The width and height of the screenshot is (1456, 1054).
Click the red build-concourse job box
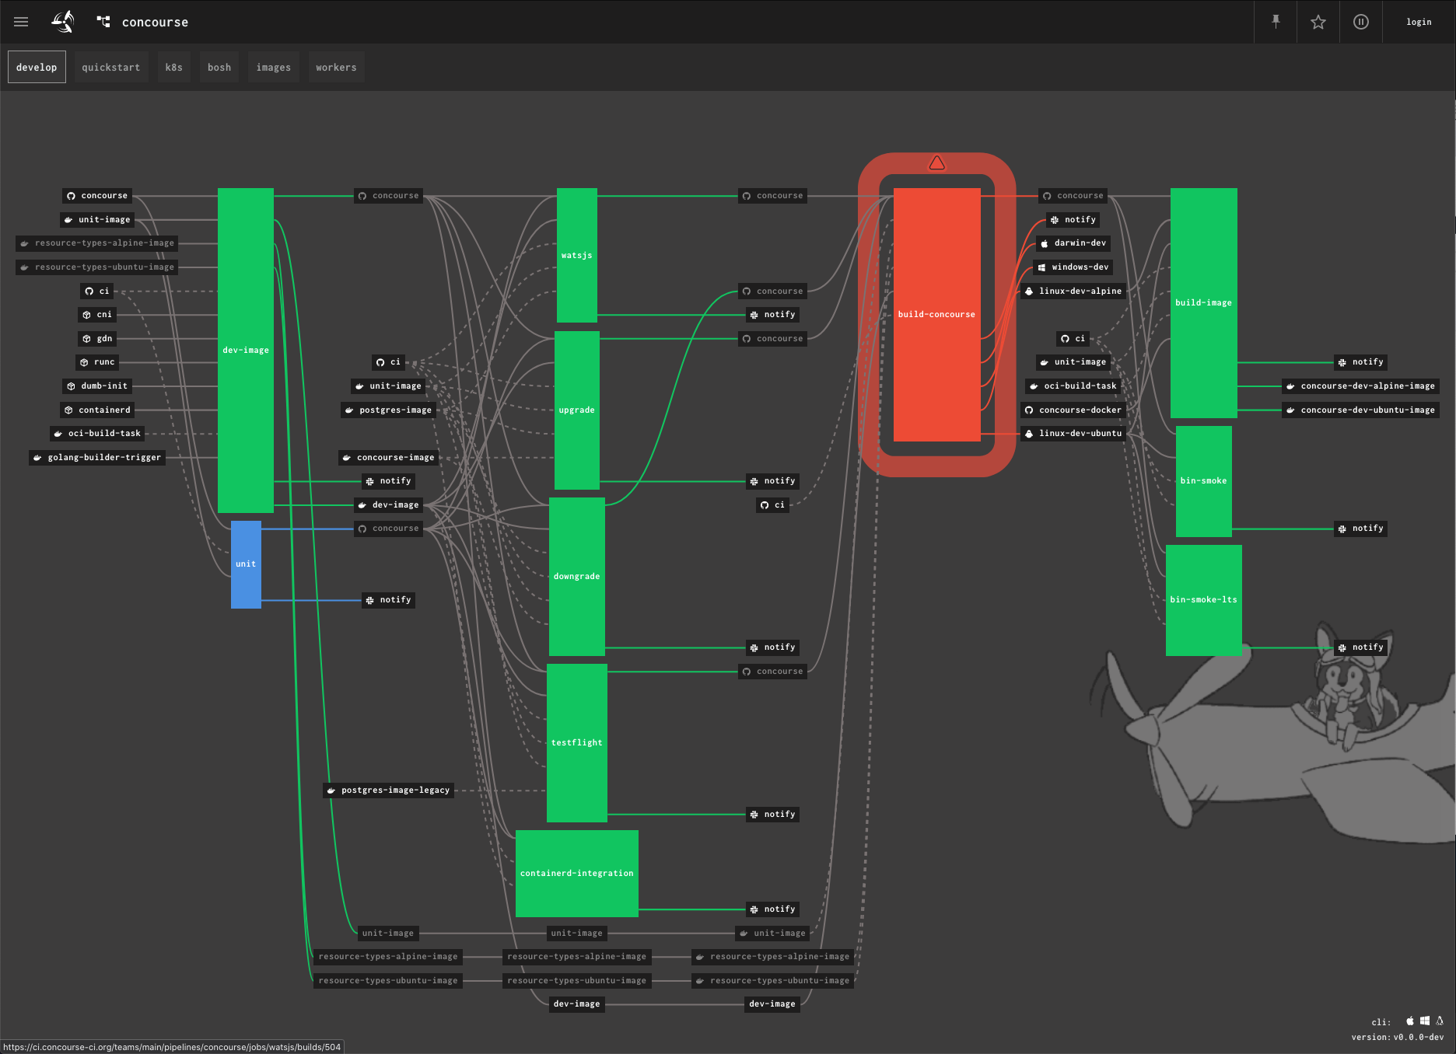936,314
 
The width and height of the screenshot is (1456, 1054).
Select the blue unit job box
246,564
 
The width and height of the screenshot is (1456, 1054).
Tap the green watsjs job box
576,255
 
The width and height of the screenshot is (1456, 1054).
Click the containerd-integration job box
576,873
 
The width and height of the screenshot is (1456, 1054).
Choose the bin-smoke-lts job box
1203,599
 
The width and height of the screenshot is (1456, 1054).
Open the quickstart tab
111,68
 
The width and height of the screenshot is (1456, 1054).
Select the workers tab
336,68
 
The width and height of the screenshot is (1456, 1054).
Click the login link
1419,22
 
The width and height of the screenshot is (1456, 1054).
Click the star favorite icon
1318,22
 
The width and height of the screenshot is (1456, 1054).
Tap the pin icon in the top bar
1276,22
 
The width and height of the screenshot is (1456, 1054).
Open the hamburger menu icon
21,22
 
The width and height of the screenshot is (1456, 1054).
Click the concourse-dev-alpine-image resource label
1360,386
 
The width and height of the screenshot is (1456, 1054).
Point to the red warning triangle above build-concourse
936,163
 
